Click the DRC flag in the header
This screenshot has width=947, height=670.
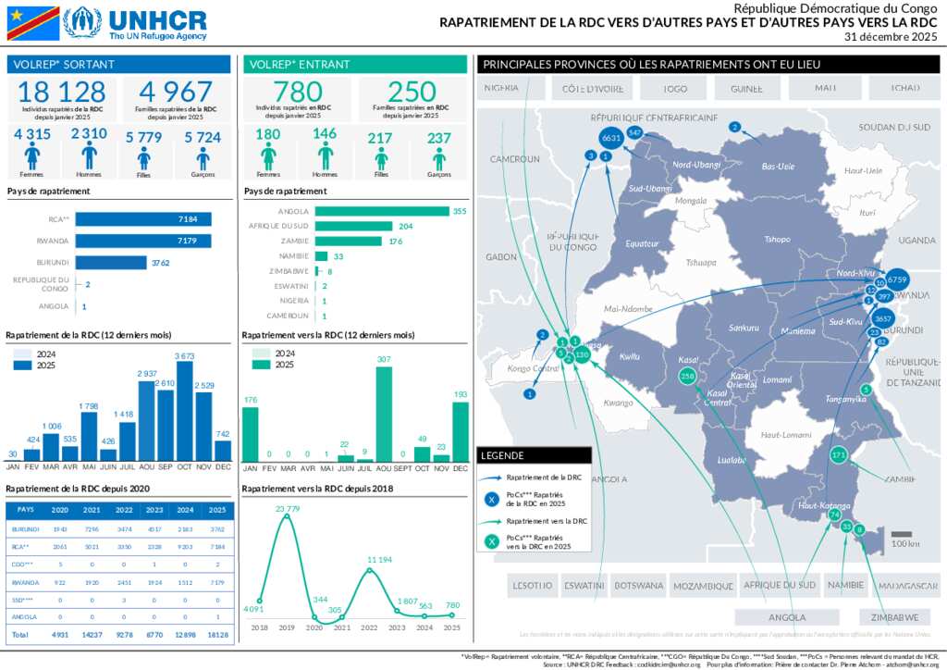(32, 23)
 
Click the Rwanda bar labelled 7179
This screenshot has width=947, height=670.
(143, 241)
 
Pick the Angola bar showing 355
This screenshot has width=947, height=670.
(382, 211)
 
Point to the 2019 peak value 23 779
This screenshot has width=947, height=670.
(287, 508)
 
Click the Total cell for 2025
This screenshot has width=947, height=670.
(216, 636)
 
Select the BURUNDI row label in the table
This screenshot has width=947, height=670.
(25, 528)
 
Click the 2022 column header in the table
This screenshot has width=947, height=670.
(123, 509)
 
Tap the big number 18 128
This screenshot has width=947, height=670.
(62, 92)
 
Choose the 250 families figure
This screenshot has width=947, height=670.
(412, 92)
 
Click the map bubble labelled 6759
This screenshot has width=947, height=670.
(897, 279)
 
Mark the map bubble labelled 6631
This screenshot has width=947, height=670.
(610, 137)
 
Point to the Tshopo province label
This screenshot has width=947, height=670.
(777, 240)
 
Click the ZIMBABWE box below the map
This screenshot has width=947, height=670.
(892, 617)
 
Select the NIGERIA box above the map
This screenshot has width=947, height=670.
(500, 89)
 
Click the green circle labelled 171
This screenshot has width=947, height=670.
(839, 454)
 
